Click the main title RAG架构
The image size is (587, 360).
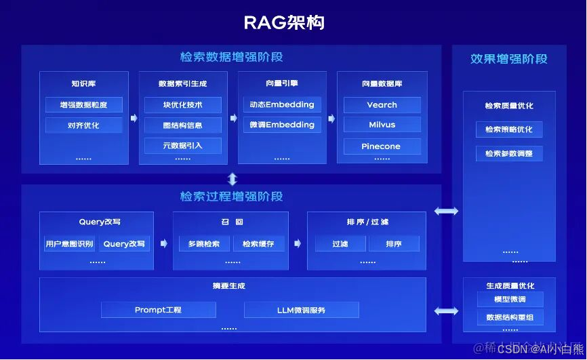[x=284, y=22]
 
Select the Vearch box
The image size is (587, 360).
[x=382, y=105]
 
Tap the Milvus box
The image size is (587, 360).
[x=382, y=125]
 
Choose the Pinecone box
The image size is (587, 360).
[x=382, y=146]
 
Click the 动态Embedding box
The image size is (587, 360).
[x=282, y=104]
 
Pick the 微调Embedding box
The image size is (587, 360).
[x=282, y=125]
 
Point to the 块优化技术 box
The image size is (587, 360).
[x=182, y=105]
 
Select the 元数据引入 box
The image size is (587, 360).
[x=182, y=146]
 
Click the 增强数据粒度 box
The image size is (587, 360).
[x=83, y=105]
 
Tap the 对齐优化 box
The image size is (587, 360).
[x=83, y=125]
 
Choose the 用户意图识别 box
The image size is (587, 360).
[x=69, y=244]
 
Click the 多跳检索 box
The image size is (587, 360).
[x=203, y=244]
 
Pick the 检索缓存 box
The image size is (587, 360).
[x=258, y=244]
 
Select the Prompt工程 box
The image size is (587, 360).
[x=158, y=310]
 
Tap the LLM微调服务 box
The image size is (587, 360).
[x=301, y=310]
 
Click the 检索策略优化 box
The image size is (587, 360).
[x=508, y=129]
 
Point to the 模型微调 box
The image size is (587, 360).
[x=510, y=300]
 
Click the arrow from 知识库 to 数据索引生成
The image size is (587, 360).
[x=134, y=118]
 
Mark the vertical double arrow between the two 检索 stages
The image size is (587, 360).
[x=232, y=179]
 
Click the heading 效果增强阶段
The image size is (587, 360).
[x=508, y=59]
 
